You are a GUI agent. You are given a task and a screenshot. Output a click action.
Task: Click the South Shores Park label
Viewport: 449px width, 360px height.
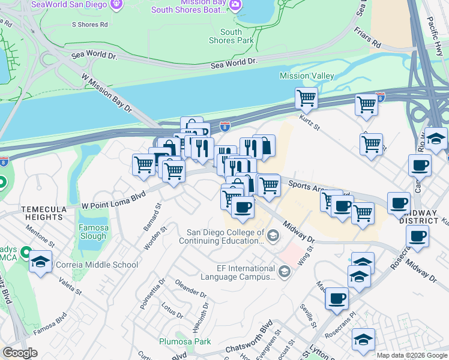click(231, 36)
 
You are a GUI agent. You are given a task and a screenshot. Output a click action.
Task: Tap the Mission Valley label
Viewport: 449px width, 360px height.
click(307, 76)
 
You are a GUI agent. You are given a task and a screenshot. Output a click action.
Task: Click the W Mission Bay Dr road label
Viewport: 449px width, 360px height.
click(106, 93)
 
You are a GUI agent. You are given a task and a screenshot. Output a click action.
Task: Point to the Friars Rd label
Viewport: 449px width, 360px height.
click(368, 37)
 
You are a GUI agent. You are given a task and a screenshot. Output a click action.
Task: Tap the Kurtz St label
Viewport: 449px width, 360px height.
click(310, 121)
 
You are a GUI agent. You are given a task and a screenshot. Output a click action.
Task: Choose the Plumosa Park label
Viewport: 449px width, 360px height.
click(185, 341)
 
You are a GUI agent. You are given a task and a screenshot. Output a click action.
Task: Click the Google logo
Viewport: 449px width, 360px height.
click(20, 353)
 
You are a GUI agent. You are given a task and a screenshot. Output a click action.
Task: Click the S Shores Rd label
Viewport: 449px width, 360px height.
click(89, 25)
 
